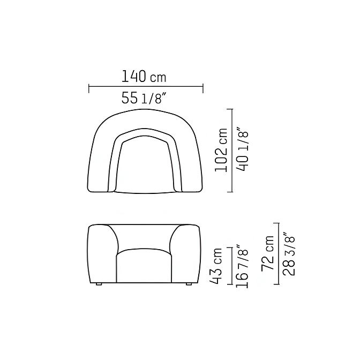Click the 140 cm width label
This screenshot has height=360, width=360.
[144, 77]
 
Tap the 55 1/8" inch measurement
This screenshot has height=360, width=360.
[144, 98]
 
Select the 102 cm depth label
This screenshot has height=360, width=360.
[221, 150]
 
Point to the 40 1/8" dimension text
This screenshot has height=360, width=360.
[242, 152]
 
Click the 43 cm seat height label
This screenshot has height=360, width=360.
[216, 266]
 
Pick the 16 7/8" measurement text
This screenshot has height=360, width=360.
[242, 267]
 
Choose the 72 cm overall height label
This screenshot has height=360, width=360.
[268, 252]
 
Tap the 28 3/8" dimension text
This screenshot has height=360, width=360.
[289, 254]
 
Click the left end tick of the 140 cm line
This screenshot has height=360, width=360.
[89, 88]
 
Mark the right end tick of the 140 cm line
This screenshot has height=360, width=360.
[203, 88]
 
